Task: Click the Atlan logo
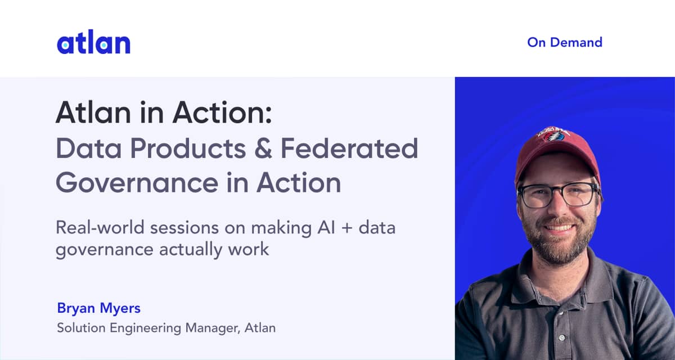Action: tap(93, 43)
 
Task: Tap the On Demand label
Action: tap(564, 42)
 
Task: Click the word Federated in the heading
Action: tap(349, 148)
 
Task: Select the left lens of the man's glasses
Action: tap(537, 195)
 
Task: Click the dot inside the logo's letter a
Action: tap(65, 44)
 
